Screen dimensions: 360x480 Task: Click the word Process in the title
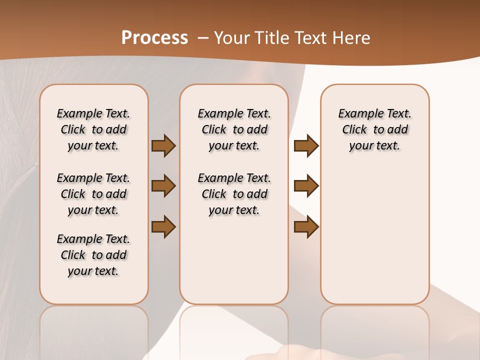click(154, 37)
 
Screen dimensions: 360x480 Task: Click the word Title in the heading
click(270, 37)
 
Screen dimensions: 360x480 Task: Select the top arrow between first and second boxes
click(163, 146)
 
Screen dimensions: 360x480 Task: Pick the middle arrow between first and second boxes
click(163, 186)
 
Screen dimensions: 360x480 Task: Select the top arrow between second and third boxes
click(306, 146)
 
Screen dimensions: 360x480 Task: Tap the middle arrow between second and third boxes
click(306, 186)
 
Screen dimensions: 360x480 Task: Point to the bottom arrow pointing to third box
click(306, 227)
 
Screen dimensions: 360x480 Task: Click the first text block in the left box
click(93, 129)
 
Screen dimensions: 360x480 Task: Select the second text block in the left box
click(93, 194)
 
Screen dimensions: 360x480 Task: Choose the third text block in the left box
click(93, 255)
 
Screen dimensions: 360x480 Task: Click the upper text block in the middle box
click(234, 129)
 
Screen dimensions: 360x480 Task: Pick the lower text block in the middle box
click(234, 194)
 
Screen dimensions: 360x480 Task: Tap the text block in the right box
click(375, 129)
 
